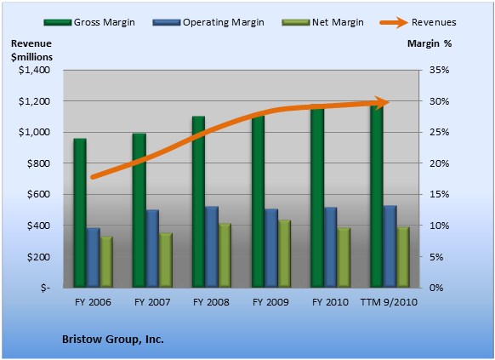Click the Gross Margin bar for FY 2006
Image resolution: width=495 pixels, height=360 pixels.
pos(80,213)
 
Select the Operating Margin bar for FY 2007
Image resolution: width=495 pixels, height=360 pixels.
pos(152,249)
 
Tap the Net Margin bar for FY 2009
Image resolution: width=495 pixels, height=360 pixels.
pos(284,254)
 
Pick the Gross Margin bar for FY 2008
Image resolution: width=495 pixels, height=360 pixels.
pos(198,202)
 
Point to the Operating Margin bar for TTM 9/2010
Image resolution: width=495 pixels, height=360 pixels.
pos(390,246)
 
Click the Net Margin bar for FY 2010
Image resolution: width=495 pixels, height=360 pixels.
pos(344,258)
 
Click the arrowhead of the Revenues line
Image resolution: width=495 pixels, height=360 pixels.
pos(383,102)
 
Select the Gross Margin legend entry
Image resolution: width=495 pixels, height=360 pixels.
pos(89,22)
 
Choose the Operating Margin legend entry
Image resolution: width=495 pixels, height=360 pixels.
pos(208,22)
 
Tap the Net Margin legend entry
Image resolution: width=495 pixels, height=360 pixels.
pos(322,22)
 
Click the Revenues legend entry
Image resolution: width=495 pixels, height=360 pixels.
pos(418,22)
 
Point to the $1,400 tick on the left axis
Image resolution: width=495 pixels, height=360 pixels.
pos(34,70)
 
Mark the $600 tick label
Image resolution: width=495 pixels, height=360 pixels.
pos(38,194)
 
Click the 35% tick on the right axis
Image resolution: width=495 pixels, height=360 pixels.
pos(439,70)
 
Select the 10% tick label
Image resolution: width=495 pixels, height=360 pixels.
pos(439,226)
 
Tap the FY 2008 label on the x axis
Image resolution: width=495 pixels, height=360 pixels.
pos(211,302)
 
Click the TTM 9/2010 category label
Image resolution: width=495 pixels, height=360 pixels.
pos(389,302)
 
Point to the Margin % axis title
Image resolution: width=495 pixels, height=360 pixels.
pos(430,43)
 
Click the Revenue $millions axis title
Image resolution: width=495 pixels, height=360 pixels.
pos(31,50)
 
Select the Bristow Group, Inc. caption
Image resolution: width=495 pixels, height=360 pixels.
pos(113,340)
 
